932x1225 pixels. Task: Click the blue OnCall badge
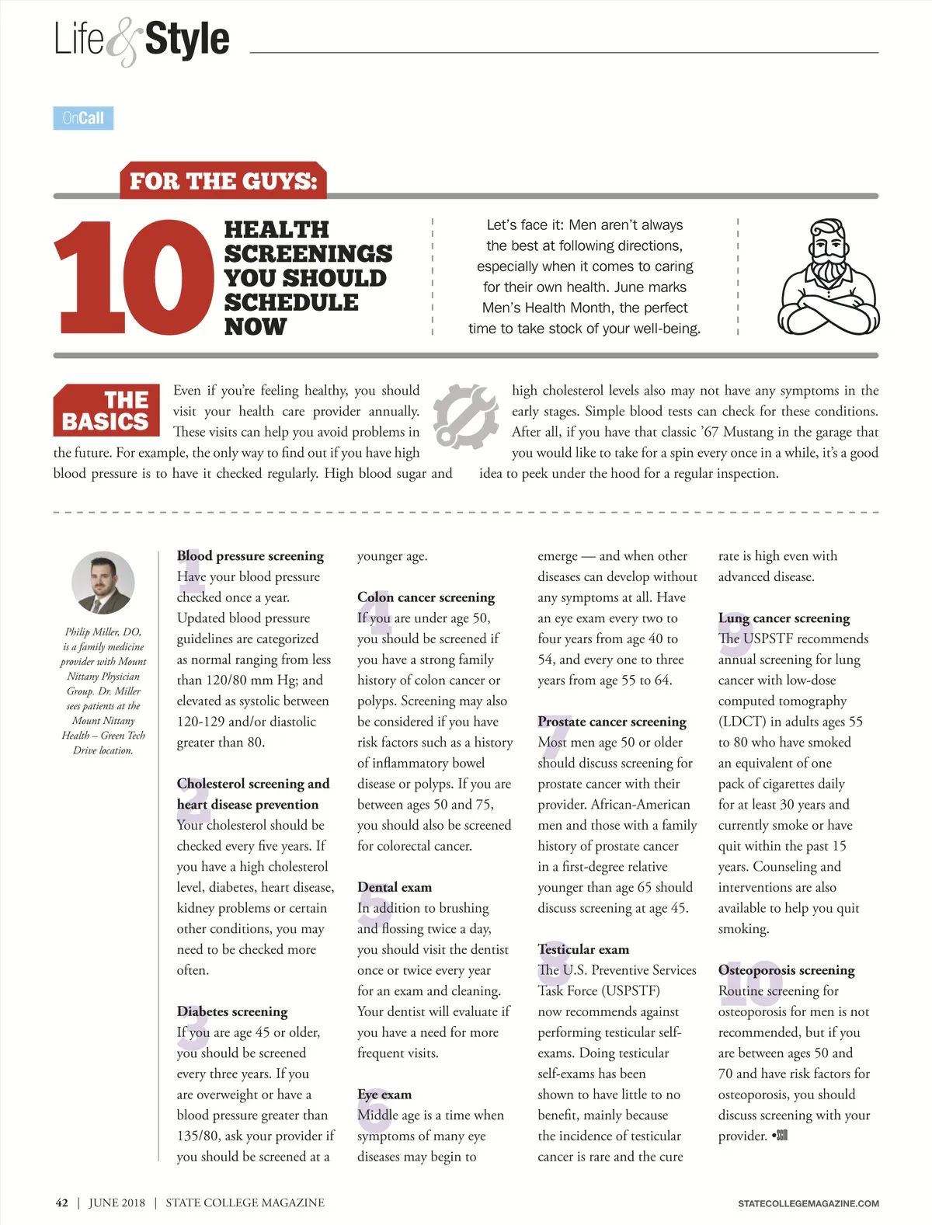click(x=83, y=118)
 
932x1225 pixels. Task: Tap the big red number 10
click(x=133, y=277)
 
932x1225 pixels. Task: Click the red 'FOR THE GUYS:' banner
click(x=223, y=181)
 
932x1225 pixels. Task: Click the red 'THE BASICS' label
click(x=106, y=410)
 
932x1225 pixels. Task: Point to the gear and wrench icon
click(x=465, y=416)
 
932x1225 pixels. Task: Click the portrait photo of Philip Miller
click(x=103, y=583)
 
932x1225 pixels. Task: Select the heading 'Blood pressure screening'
click(x=250, y=556)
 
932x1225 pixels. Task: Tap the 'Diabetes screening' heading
click(x=232, y=1011)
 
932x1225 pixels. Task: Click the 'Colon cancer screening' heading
click(x=426, y=597)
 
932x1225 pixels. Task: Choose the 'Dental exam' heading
click(x=395, y=887)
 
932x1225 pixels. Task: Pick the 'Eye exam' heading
click(x=384, y=1094)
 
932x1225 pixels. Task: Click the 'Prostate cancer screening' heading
click(x=612, y=722)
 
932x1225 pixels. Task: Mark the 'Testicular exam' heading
click(x=583, y=949)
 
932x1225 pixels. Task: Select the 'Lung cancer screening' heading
click(x=784, y=618)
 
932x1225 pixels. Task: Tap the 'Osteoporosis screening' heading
click(x=786, y=970)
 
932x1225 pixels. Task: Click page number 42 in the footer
click(x=62, y=1202)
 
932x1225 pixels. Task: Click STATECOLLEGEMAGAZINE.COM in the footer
click(x=808, y=1203)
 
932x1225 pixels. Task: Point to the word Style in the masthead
click(x=187, y=40)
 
